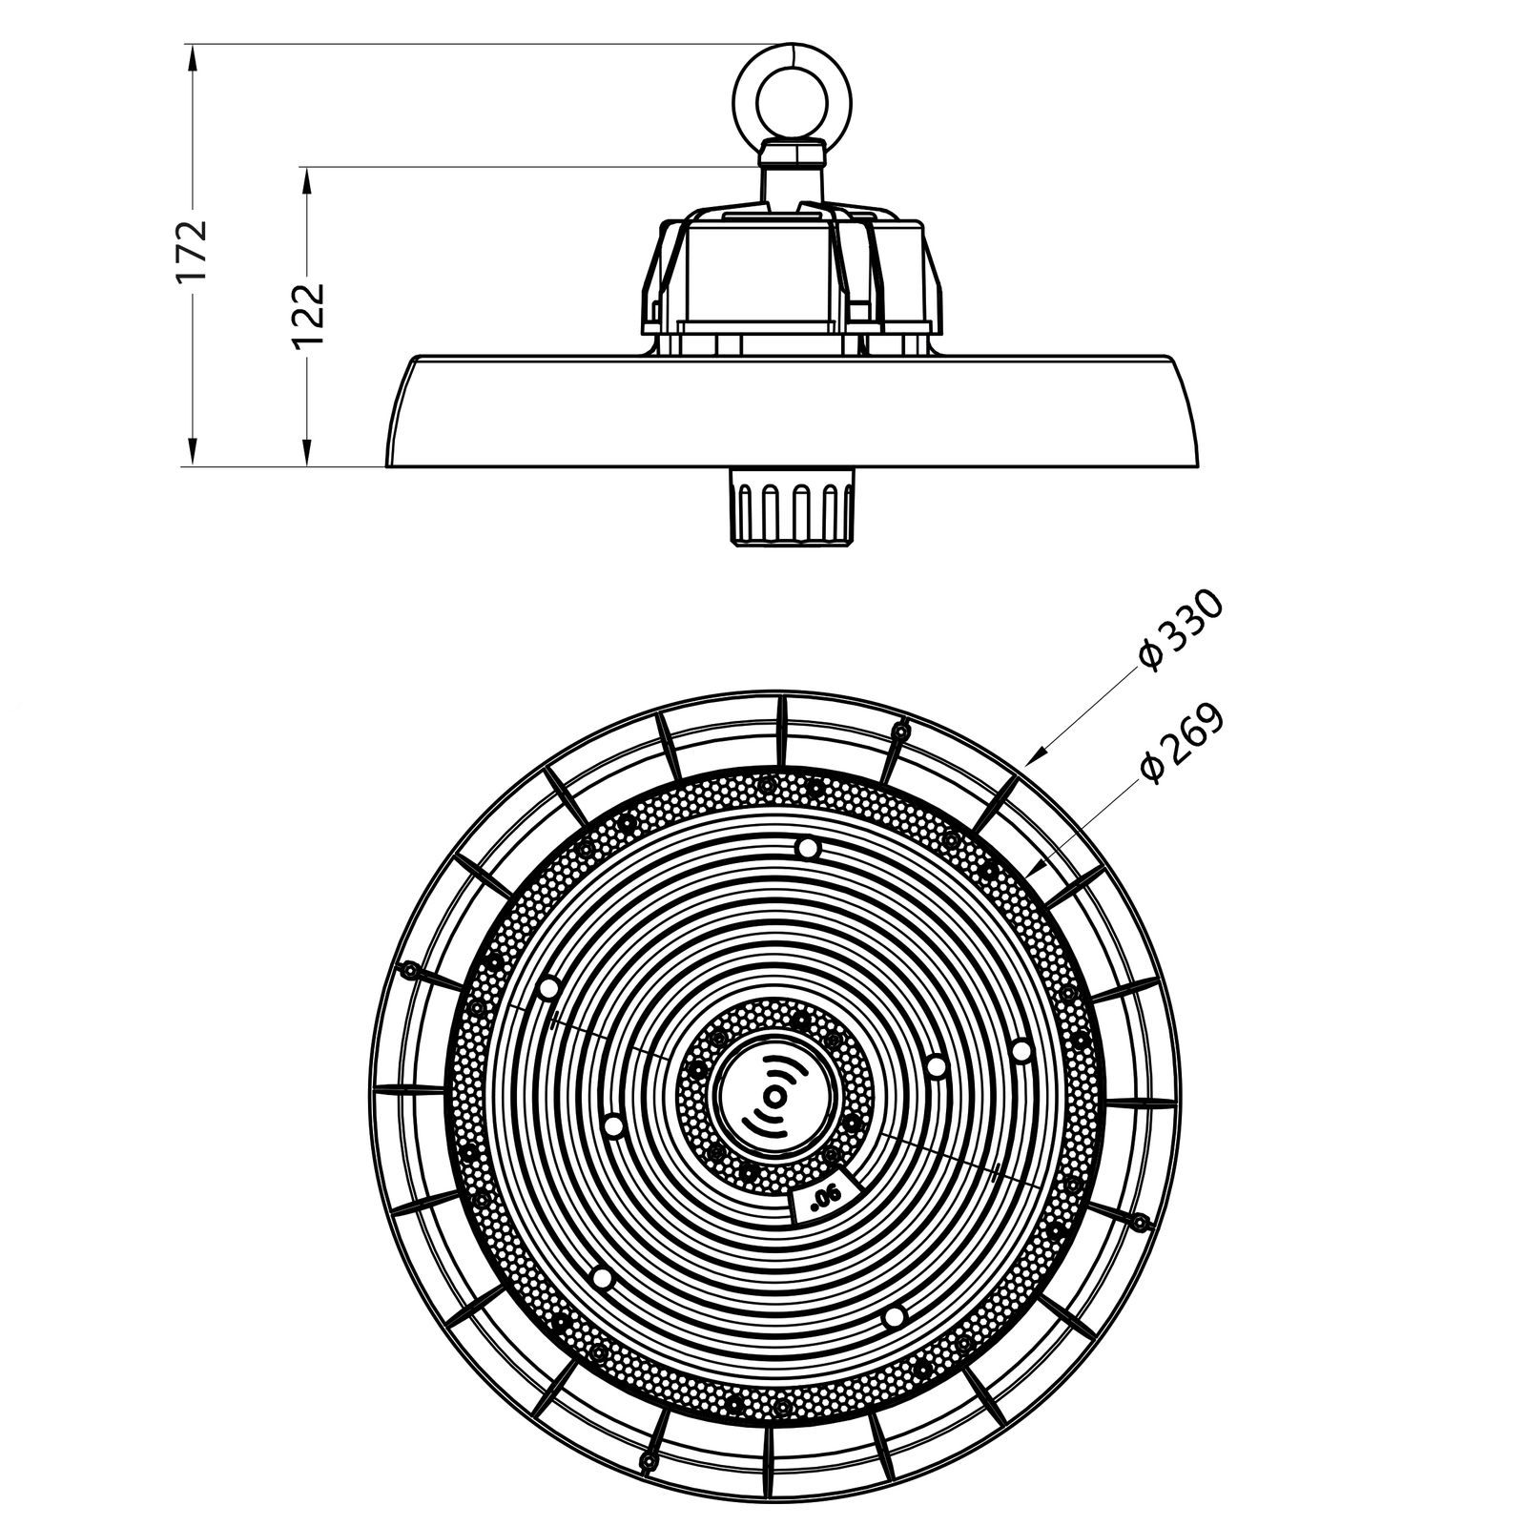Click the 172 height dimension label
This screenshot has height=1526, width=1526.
[x=192, y=251]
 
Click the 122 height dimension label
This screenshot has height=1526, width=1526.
[x=307, y=316]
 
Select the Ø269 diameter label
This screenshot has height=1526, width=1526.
[x=1181, y=745]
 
